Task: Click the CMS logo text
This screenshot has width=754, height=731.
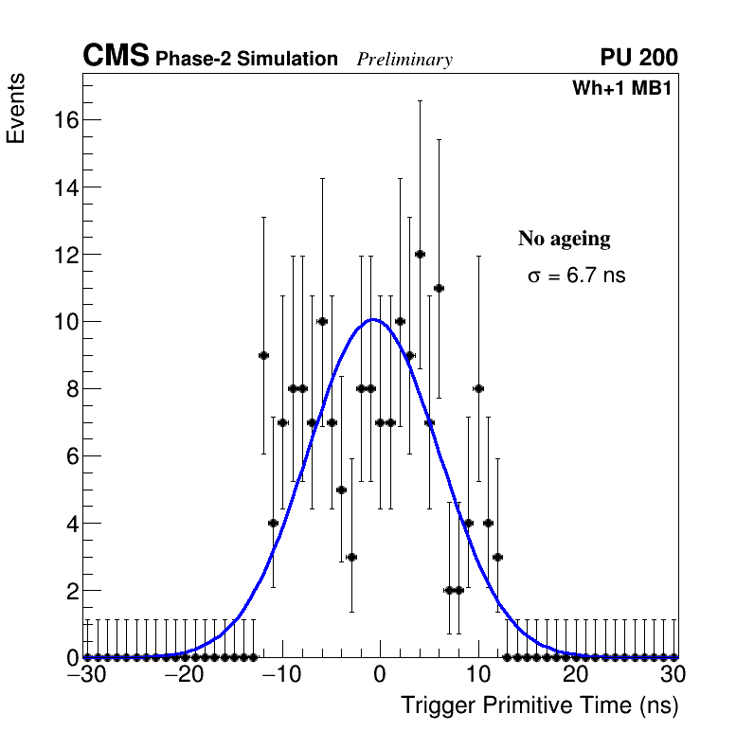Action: [x=116, y=57]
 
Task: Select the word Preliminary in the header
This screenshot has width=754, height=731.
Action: [x=404, y=60]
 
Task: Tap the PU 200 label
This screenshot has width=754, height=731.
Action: [x=638, y=58]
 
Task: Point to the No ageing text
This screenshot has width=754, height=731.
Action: [x=564, y=239]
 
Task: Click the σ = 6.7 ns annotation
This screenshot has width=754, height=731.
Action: [x=576, y=276]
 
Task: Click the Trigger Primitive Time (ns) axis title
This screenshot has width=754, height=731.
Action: [x=540, y=705]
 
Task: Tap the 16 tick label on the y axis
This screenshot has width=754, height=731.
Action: [x=64, y=120]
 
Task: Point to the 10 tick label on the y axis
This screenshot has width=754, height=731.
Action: [x=64, y=322]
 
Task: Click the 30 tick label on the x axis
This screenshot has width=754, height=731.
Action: [x=673, y=676]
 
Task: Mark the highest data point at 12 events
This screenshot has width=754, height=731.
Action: [x=420, y=254]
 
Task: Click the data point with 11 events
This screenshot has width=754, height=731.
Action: [x=439, y=288]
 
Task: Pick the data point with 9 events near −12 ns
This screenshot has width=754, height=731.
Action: [x=263, y=355]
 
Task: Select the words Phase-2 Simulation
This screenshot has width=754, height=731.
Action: [x=246, y=60]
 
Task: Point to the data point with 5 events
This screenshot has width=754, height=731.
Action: [x=341, y=490]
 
